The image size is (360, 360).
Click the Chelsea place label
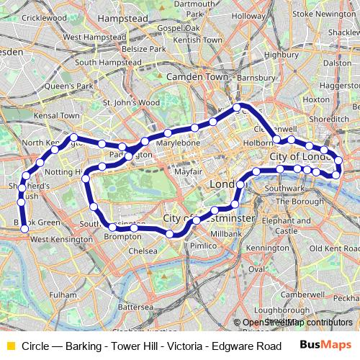tap(143, 251)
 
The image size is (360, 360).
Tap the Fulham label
tap(63, 295)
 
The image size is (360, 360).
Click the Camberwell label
tap(300, 294)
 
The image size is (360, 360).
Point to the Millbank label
tap(226, 235)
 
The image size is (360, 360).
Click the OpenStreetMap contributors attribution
tap(297, 322)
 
